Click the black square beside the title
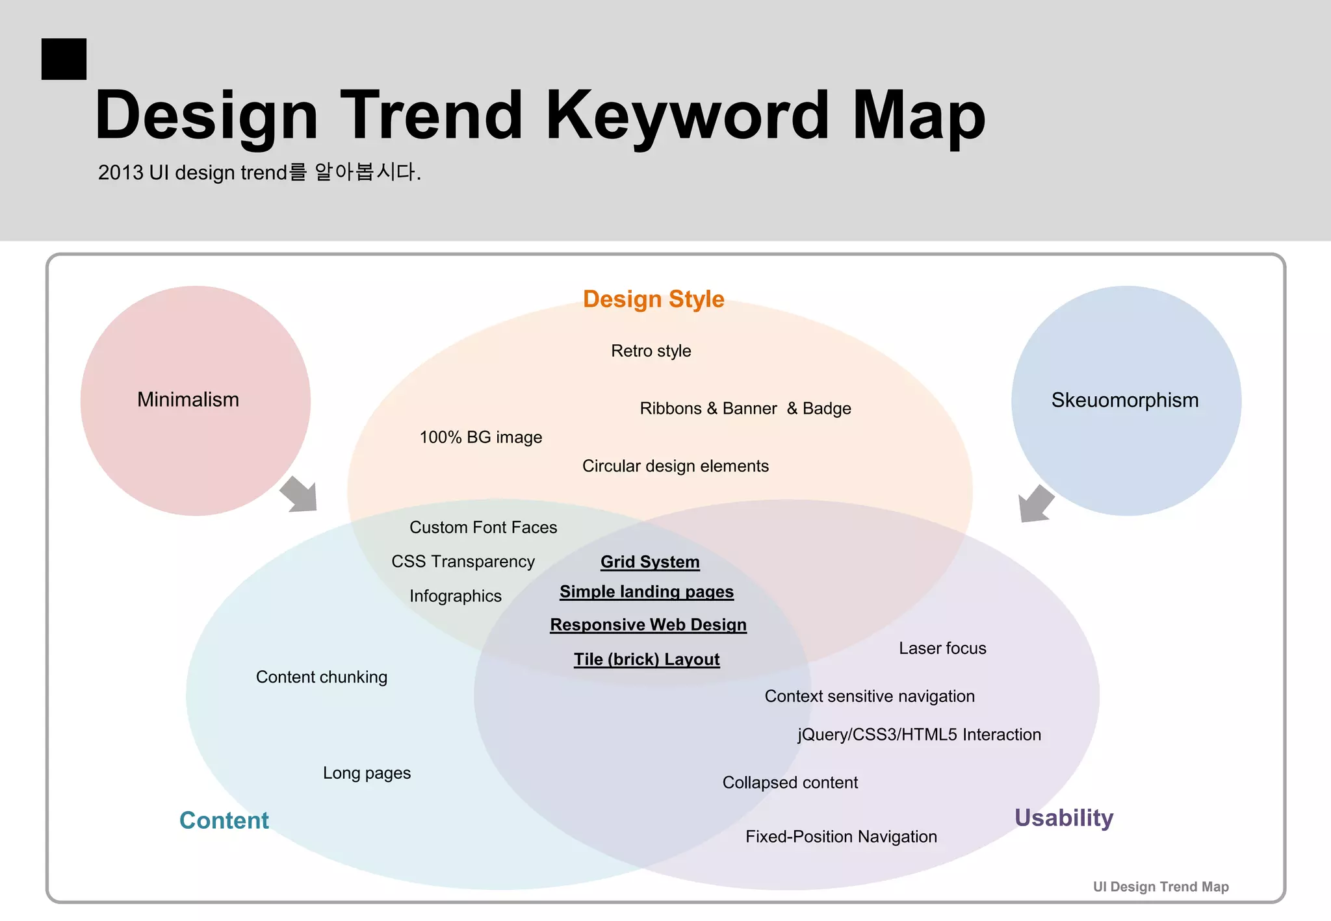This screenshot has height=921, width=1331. [64, 59]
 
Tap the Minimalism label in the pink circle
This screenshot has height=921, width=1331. [188, 399]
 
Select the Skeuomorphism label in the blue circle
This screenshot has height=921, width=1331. [1125, 400]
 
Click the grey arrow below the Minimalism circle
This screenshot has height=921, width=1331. [300, 494]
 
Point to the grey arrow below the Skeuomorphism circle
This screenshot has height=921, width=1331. [1035, 503]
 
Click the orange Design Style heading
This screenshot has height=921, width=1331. [653, 299]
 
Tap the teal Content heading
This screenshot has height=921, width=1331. [224, 820]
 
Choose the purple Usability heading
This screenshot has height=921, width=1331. [1064, 818]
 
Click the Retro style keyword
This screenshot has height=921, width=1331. [651, 351]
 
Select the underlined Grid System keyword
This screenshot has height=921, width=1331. [650, 562]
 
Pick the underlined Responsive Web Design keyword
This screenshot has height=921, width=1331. [648, 625]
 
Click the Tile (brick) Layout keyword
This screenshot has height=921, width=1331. [647, 659]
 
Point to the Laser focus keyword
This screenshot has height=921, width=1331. [942, 648]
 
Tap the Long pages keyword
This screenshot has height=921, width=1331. [367, 773]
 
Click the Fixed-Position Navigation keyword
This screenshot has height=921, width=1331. [841, 837]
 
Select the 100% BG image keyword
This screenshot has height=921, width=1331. [480, 437]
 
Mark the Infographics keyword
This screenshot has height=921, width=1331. [455, 596]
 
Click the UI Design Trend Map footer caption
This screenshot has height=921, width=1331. [1161, 887]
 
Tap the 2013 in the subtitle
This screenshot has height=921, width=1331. [120, 173]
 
